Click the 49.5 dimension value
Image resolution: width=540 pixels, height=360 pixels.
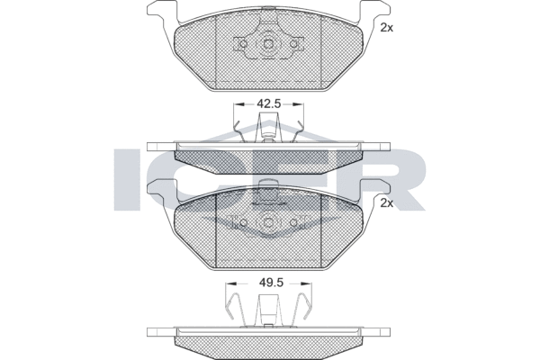[271, 283]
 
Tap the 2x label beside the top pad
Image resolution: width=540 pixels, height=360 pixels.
[386, 28]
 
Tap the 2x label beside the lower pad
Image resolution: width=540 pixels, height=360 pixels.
[386, 203]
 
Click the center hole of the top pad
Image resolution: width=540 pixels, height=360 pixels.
[268, 44]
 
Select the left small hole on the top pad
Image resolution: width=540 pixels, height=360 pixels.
[243, 44]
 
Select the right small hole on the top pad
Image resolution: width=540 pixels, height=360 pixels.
[293, 44]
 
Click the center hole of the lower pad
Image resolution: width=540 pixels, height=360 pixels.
[268, 223]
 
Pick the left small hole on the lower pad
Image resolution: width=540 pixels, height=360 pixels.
[243, 223]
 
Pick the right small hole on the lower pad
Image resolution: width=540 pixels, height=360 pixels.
[293, 223]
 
